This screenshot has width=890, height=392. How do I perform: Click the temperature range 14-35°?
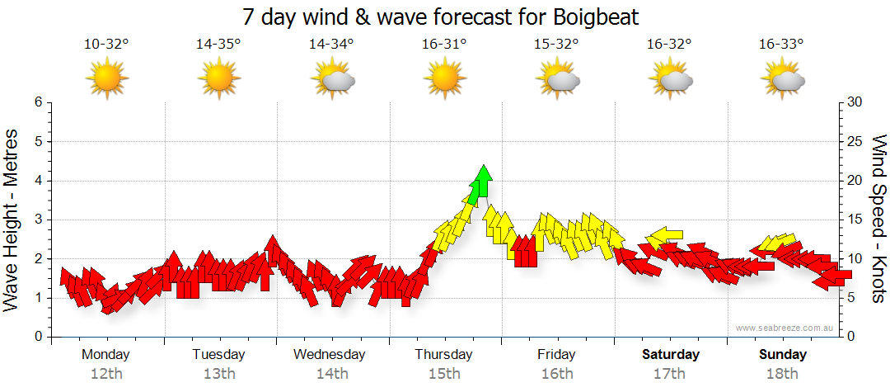click(x=218, y=45)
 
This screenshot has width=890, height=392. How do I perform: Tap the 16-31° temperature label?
click(x=444, y=45)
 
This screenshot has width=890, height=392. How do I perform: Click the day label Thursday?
click(x=443, y=355)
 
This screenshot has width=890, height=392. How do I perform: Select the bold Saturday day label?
click(x=670, y=355)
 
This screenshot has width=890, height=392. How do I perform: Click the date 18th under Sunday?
click(x=782, y=373)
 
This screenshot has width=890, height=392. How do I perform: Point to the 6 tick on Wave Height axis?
click(x=38, y=102)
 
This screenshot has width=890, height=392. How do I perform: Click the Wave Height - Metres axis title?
click(x=12, y=220)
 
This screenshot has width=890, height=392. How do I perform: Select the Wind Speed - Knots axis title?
click(x=878, y=219)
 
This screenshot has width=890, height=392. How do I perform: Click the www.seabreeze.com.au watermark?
click(x=786, y=328)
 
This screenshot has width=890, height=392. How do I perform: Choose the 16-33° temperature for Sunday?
click(x=781, y=45)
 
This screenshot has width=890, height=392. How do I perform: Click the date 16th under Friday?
click(x=557, y=373)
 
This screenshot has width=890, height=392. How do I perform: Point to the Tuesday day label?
click(x=218, y=355)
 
